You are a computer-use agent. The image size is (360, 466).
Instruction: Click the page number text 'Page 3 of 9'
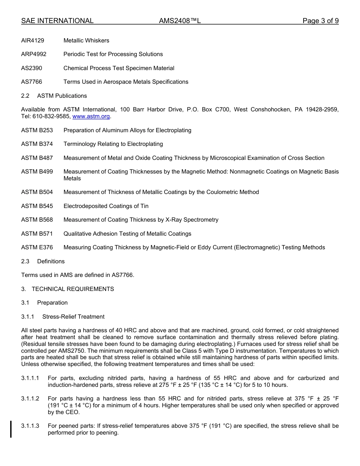[320, 21]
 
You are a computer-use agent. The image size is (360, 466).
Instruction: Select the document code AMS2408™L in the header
[180, 21]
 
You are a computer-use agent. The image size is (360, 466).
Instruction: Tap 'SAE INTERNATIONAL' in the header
[57, 21]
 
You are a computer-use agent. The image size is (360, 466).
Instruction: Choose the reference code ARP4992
[34, 54]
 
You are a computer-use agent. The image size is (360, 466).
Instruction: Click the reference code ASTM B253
[37, 130]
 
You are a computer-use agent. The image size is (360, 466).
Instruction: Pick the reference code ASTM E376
[37, 247]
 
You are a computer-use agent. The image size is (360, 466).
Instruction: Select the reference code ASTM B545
[37, 206]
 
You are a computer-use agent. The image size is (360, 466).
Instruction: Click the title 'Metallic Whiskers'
[86, 41]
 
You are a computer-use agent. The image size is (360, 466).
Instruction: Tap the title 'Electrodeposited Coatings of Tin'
[106, 206]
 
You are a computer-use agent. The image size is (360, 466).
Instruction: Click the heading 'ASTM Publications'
[62, 96]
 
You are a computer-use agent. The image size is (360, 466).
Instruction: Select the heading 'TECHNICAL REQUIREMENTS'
[73, 289]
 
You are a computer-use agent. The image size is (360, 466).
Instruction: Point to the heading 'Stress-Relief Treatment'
[73, 317]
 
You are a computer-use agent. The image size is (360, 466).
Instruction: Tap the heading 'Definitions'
[51, 261]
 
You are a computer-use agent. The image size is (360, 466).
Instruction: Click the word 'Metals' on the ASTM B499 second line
[72, 178]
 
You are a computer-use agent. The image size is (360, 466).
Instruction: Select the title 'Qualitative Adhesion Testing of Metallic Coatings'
[127, 234]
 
